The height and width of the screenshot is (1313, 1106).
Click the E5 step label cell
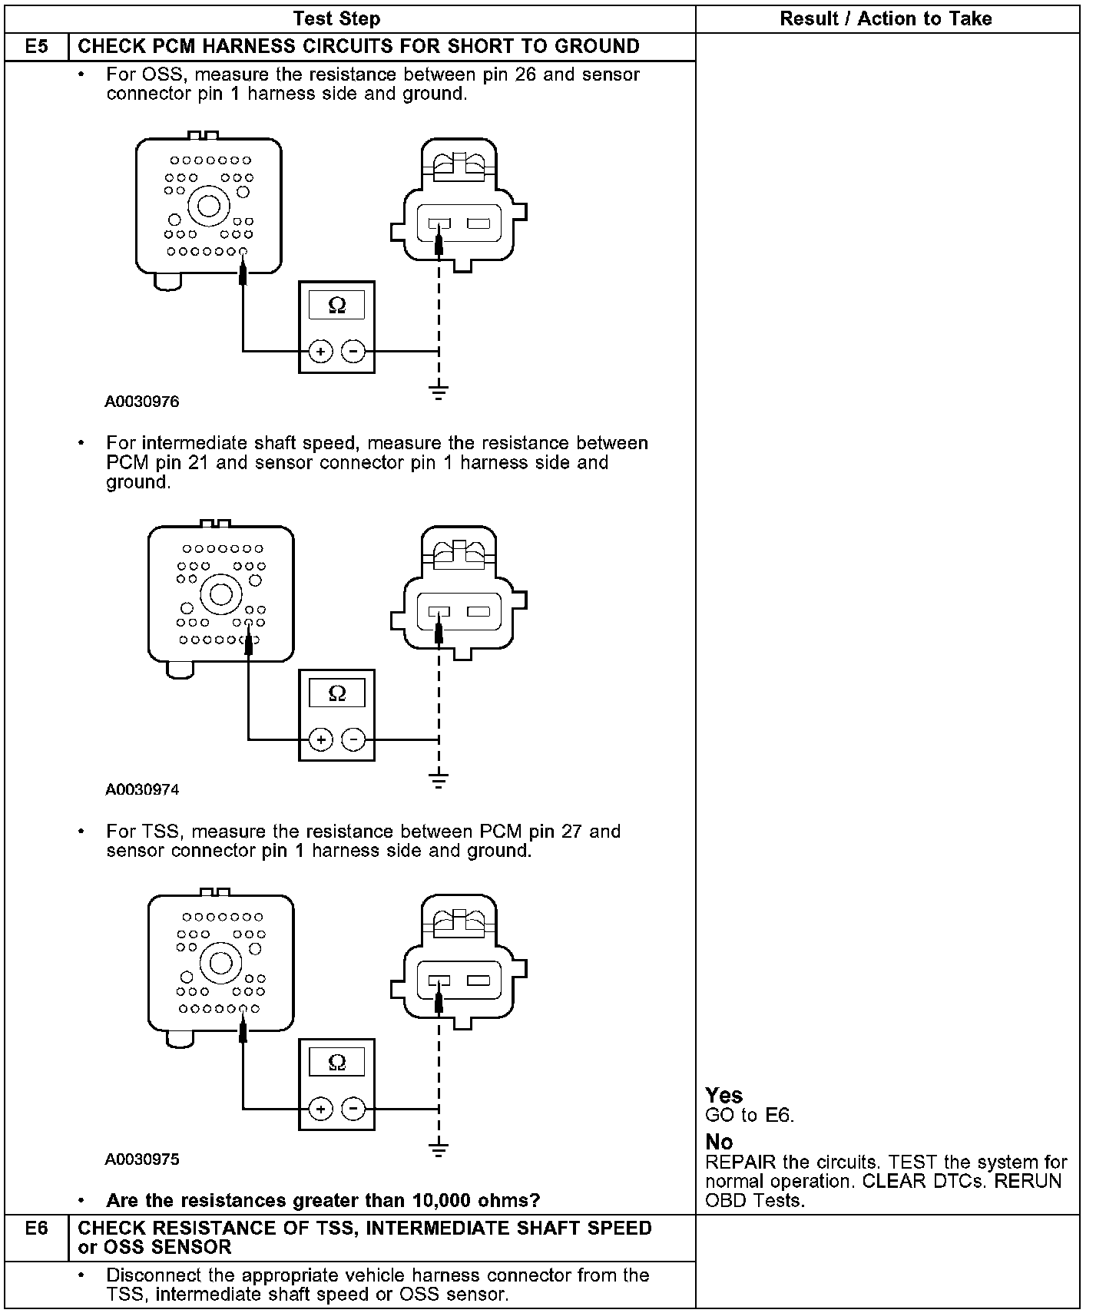click(36, 47)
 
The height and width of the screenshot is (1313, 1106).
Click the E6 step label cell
click(36, 1229)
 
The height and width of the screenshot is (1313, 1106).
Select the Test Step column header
click(336, 18)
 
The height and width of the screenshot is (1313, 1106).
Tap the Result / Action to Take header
click(886, 18)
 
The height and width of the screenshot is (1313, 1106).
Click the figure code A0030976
click(142, 402)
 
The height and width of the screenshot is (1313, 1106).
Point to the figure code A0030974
click(142, 789)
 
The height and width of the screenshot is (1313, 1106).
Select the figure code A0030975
click(142, 1159)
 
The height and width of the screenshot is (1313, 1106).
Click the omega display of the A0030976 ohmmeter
click(336, 306)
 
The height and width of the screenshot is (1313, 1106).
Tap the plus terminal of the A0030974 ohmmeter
click(320, 739)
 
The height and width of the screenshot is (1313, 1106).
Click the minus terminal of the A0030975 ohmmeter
click(353, 1109)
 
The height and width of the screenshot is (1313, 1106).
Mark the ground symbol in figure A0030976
click(439, 392)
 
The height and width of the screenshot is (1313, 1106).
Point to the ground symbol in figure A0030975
click(439, 1149)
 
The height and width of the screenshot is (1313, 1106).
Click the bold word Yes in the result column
click(724, 1095)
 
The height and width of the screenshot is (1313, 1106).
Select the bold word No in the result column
click(719, 1142)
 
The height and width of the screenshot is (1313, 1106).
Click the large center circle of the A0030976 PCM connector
click(209, 205)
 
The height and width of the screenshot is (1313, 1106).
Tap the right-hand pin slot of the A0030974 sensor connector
click(478, 612)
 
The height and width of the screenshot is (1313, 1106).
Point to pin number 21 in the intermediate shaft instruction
click(198, 463)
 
